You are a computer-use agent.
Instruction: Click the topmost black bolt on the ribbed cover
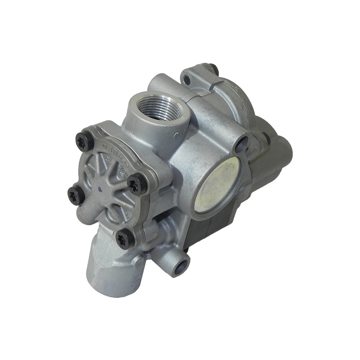click(x=85, y=141)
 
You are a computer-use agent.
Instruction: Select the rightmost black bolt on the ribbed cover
click(x=138, y=184)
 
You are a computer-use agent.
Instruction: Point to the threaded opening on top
click(x=159, y=105)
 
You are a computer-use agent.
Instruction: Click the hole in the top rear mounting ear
click(x=187, y=80)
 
